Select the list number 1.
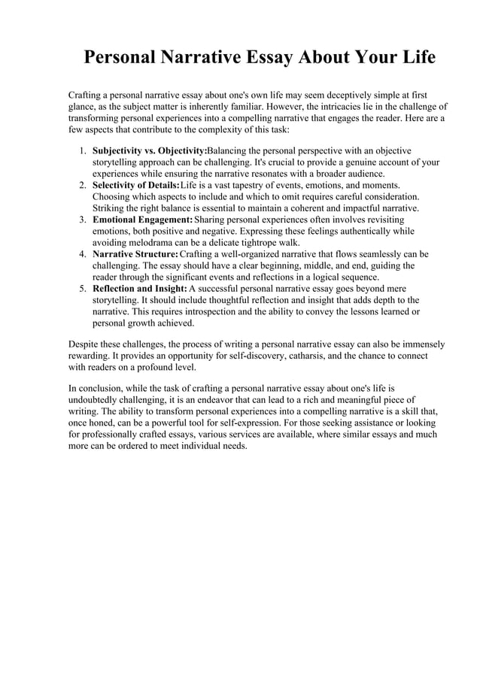[x=83, y=151]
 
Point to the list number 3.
[x=83, y=220]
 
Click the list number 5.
[x=83, y=289]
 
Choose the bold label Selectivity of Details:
[x=135, y=185]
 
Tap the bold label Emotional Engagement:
[x=142, y=220]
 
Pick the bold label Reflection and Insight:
[x=139, y=289]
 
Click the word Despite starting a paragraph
[x=84, y=344]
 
